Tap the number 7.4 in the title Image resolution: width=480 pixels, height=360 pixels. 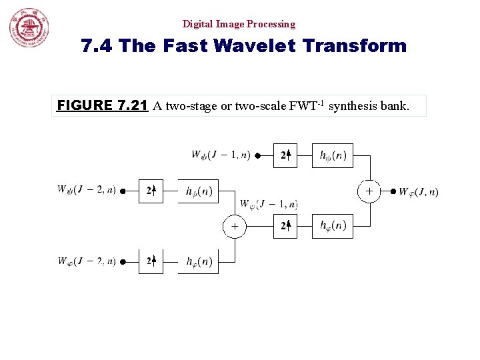(96, 46)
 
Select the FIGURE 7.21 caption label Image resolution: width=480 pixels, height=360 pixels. (102, 105)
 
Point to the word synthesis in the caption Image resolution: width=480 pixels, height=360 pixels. (354, 105)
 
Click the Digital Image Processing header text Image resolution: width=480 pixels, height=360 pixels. (239, 24)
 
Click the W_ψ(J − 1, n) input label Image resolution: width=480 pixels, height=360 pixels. (221, 155)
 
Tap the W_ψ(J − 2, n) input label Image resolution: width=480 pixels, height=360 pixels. (86, 191)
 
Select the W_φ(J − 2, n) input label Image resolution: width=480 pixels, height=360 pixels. (86, 261)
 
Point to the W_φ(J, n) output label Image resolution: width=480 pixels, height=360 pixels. (419, 192)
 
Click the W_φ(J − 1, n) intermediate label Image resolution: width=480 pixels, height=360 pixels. (269, 204)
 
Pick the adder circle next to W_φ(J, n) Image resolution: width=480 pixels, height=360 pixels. (369, 191)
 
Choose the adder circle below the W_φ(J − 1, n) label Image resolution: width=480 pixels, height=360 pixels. (234, 227)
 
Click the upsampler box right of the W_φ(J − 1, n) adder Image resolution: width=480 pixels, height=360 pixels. (285, 227)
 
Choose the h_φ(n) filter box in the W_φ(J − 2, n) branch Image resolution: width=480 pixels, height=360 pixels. (198, 261)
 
